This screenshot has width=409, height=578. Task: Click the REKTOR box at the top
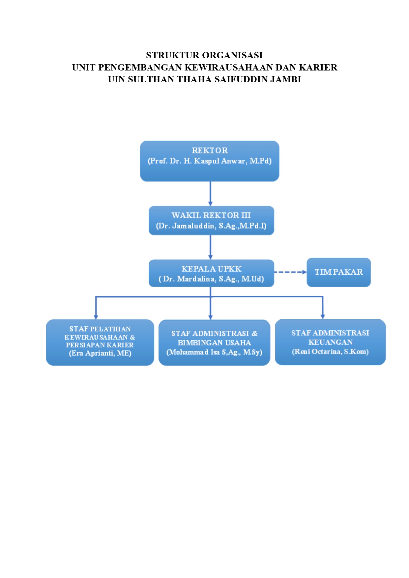pos(210,161)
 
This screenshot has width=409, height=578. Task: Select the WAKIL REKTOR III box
pos(211,221)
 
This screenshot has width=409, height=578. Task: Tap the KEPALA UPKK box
pos(211,273)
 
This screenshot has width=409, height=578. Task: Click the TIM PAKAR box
pos(339,272)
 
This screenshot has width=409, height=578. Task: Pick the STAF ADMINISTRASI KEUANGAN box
pos(330,342)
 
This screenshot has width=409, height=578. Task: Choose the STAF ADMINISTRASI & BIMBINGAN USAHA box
pos(214,343)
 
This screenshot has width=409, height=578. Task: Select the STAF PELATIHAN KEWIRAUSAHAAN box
pos(100,343)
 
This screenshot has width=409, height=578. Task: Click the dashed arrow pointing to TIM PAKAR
pos(290,272)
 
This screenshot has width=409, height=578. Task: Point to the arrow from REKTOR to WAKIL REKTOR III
pos(210,194)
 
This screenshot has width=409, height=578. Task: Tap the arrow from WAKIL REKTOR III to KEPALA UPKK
pos(210,247)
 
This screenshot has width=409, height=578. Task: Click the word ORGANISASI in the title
pos(232,55)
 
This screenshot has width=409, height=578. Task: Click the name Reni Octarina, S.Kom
pos(330,352)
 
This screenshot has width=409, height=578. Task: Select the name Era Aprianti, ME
pos(100,353)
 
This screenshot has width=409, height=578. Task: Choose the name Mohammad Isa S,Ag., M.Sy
pos(214,352)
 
